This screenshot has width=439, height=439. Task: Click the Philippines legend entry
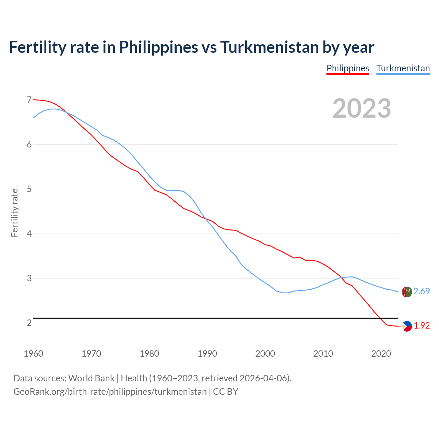pos(347,68)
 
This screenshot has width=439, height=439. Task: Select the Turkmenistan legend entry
pos(403,68)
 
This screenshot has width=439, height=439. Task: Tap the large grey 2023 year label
pos(362,108)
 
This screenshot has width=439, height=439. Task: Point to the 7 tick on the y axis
pos(29,100)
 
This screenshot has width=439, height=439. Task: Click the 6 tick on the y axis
pos(29,144)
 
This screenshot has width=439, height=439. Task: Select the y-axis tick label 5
pos(29,189)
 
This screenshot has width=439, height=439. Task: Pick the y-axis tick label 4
pos(29,234)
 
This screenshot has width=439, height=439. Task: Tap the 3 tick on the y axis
pos(29,278)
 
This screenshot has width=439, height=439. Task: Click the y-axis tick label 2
pos(29,323)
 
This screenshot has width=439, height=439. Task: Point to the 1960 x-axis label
pos(33,354)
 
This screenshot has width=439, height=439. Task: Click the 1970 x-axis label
pos(91,354)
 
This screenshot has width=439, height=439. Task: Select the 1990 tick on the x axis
pos(207,354)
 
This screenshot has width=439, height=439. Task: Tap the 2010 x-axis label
pos(323,354)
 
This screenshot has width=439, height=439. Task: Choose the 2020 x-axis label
pos(381,354)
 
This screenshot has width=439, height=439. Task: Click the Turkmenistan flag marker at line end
pos(407,292)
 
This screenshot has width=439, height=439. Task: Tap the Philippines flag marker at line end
pos(407,326)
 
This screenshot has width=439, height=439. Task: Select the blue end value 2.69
pos(422,291)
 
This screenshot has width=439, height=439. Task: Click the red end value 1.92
pos(422,325)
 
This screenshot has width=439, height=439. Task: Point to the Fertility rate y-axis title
pos(14,213)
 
